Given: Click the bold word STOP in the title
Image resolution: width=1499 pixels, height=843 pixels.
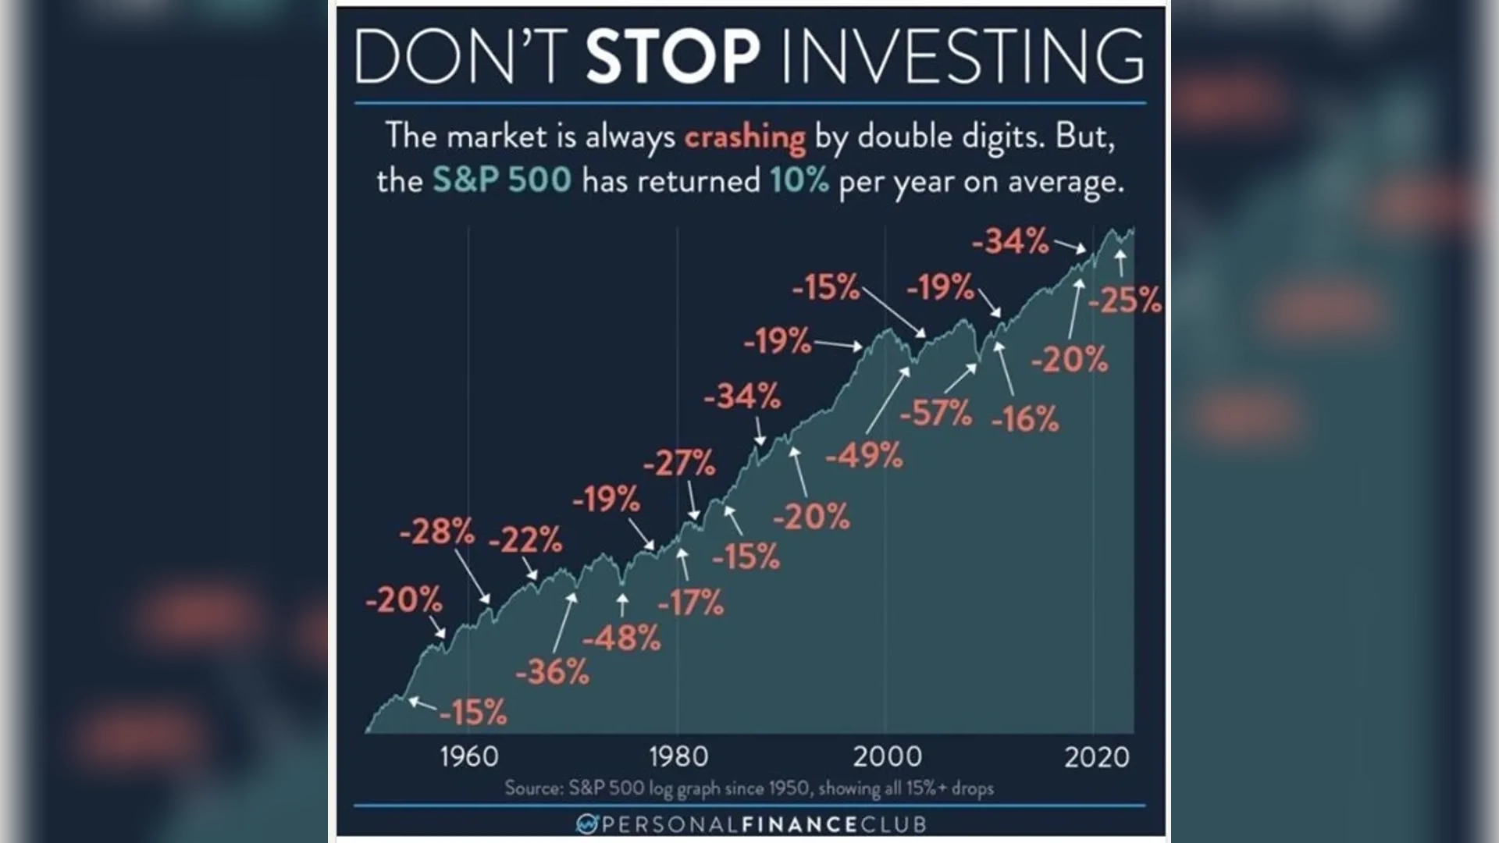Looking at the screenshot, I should point(672,56).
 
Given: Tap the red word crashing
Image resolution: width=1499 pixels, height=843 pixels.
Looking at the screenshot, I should point(745,137).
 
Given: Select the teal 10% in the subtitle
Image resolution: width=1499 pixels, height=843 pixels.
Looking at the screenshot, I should point(799,181).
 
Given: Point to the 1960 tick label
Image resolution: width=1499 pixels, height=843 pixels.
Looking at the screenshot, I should point(468,756).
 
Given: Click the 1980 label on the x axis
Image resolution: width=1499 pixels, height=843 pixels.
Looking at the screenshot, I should point(678,756).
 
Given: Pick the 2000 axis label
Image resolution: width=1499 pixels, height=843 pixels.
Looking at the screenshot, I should point(887,756).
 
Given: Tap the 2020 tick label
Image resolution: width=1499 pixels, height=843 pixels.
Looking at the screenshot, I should point(1096,756).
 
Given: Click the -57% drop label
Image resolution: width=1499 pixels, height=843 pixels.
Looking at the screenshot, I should point(935,413).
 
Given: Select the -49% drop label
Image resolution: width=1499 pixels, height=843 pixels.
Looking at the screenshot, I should point(864,454).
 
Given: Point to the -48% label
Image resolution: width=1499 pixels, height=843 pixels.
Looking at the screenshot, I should point(621,638).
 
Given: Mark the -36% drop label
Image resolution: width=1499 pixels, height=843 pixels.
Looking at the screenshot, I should point(552,671).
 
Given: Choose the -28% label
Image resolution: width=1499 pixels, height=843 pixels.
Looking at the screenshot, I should point(436,532).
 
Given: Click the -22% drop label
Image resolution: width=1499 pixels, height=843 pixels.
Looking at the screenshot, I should point(525,539).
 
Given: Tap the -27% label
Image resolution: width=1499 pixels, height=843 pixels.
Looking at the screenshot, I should point(678,464).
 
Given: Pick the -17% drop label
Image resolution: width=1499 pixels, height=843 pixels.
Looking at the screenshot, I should point(690,603).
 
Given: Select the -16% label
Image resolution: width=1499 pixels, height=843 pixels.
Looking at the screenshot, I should point(1024,419).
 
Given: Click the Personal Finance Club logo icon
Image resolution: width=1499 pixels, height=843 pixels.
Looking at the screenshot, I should point(586,823).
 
